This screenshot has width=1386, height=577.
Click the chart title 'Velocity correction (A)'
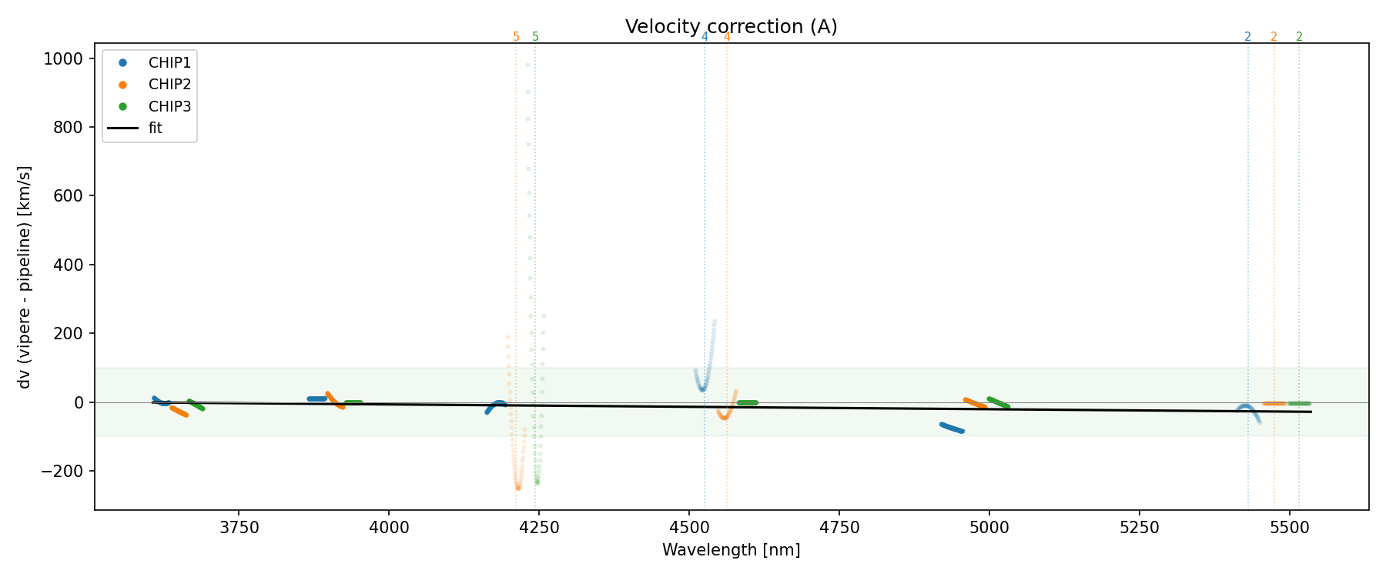[731, 27]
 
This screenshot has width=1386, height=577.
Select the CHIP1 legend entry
[169, 62]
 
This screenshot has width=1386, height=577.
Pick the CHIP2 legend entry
[169, 85]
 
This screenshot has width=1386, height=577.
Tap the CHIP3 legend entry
[169, 106]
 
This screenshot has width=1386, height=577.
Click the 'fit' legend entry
[156, 128]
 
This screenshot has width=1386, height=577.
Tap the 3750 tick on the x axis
[239, 527]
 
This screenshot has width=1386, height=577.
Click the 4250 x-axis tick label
[539, 527]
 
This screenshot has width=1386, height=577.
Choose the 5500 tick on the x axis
[1289, 527]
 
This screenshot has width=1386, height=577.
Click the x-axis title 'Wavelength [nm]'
[731, 550]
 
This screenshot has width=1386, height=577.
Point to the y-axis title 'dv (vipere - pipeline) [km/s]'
[25, 277]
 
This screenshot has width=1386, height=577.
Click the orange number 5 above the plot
[516, 37]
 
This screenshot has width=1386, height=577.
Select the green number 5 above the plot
[535, 37]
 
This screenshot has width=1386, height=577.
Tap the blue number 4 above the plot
[705, 37]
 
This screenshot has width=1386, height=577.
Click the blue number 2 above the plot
[1247, 37]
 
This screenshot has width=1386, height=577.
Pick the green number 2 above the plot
[1299, 37]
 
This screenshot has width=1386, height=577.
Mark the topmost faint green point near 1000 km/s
[527, 65]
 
